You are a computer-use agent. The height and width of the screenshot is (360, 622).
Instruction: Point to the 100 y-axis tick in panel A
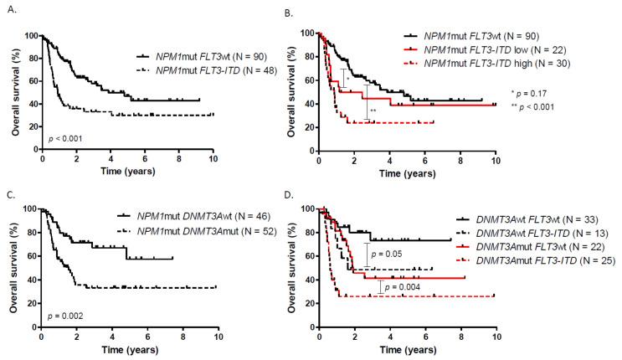click(x=31, y=36)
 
